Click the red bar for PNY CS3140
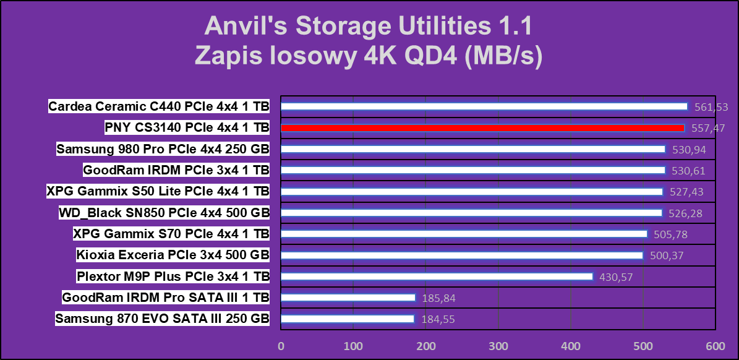tap(482, 128)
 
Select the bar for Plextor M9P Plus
tap(437, 276)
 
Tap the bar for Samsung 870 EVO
tap(348, 319)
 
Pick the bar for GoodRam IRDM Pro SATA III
tap(348, 298)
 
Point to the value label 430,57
tap(616, 277)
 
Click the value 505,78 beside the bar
tap(670, 234)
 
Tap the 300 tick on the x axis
tap(498, 345)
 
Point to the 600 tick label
tap(716, 345)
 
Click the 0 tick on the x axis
tap(281, 345)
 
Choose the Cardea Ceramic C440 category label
tap(159, 106)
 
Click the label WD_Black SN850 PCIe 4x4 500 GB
tap(164, 213)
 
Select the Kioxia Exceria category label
tap(173, 255)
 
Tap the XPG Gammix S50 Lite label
tap(158, 191)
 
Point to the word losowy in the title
tap(305, 56)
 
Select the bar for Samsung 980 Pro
tap(473, 149)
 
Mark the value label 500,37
tap(667, 255)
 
